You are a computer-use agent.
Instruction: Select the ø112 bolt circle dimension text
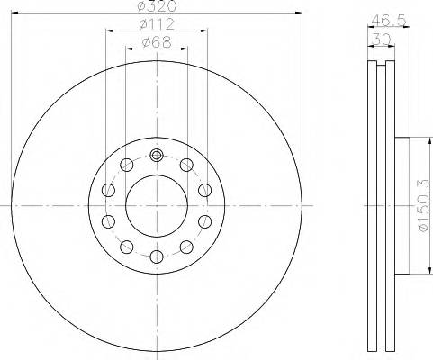(158, 23)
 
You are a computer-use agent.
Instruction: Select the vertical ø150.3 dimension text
(421, 206)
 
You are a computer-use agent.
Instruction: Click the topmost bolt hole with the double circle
(157, 155)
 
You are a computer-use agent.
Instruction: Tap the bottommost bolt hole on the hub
(157, 257)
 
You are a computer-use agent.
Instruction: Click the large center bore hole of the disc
(157, 206)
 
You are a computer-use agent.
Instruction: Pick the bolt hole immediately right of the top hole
(186, 165)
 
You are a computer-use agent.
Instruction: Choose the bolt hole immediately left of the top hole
(127, 165)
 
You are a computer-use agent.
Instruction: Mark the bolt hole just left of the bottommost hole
(127, 247)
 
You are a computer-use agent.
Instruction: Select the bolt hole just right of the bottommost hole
(186, 247)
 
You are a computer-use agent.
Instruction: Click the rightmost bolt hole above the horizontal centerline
(205, 190)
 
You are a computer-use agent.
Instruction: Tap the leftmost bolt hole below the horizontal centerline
(109, 222)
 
